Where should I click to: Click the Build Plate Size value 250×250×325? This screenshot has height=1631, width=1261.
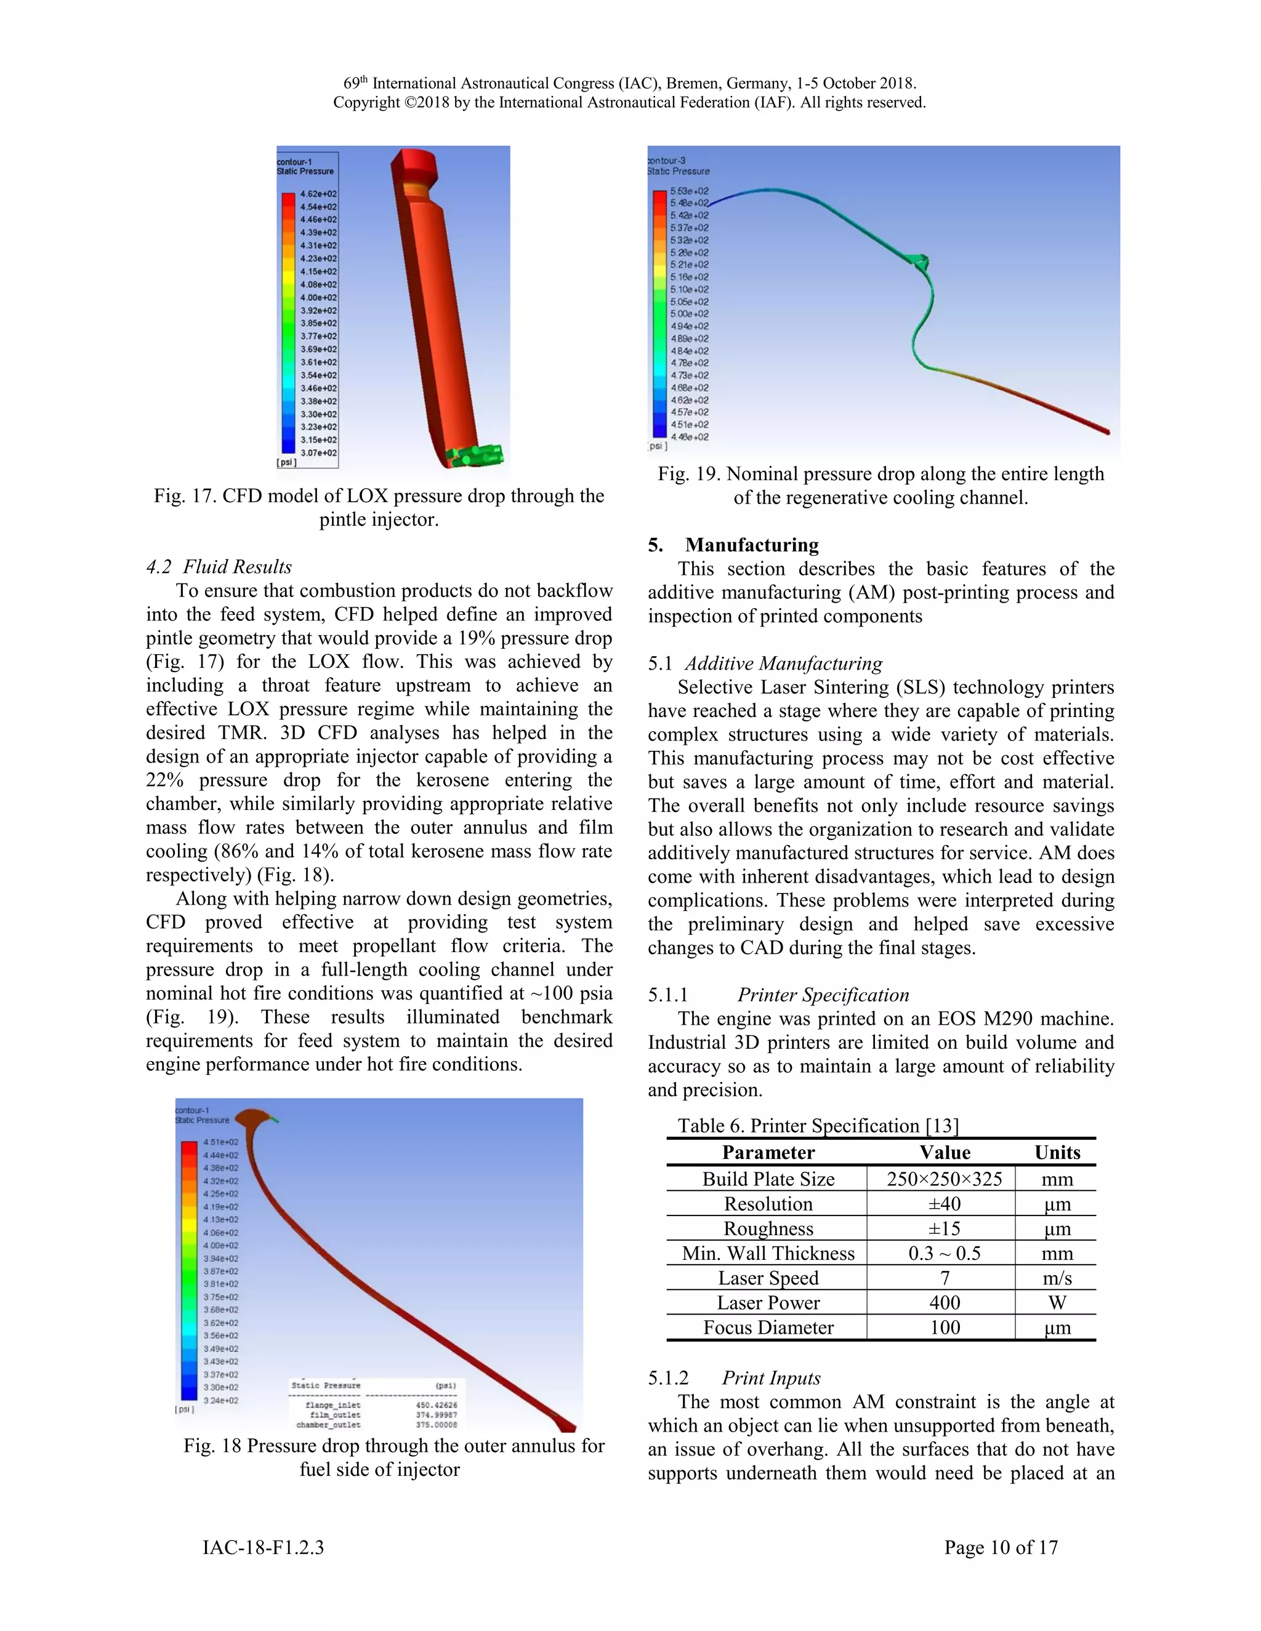coord(945,1179)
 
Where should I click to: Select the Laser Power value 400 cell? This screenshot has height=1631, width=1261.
coord(945,1303)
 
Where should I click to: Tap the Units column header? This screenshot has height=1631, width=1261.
coord(1057,1152)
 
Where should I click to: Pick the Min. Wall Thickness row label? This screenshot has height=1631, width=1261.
coord(768,1253)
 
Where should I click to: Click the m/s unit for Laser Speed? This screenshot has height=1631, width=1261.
coord(1057,1278)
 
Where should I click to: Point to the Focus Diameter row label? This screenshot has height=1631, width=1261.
coord(768,1328)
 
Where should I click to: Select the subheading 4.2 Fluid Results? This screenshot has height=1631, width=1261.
coord(219,567)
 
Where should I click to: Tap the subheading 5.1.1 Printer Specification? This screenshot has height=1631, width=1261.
coord(778,995)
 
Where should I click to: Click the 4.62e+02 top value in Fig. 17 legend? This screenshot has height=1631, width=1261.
coord(318,194)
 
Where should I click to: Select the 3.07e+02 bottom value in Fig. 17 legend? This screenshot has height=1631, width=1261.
coord(318,452)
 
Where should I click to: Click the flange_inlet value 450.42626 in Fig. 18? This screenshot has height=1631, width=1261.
coord(437,1405)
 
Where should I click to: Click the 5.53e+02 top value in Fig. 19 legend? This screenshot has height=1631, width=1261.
coord(689,191)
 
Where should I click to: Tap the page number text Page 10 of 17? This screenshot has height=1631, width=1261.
coord(1001,1547)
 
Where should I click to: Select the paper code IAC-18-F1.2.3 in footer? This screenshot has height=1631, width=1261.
coord(263,1547)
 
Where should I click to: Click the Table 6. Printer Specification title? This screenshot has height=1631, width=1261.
coord(817,1126)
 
